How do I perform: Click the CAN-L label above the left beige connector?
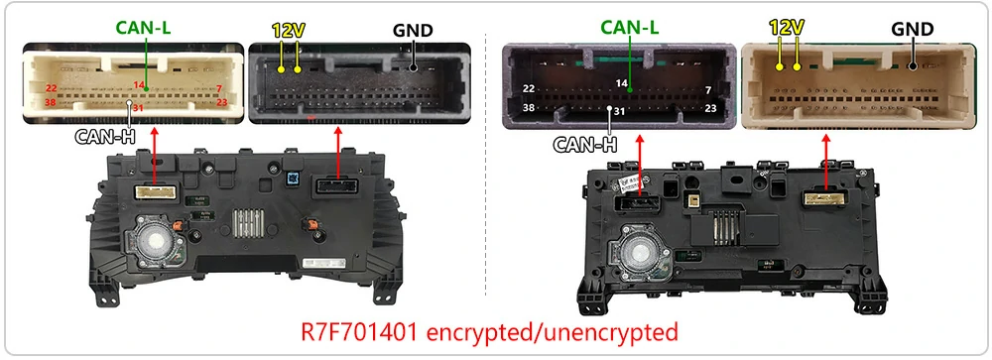pos(144,29)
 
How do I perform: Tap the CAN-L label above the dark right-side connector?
pos(630,28)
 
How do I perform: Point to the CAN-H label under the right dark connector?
pos(585,145)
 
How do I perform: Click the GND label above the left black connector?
pos(413,31)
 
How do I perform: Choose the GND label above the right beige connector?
pos(913,29)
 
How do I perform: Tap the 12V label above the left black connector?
pos(289,30)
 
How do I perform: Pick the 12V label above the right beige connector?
pos(787,27)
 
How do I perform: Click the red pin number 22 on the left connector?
pos(52,88)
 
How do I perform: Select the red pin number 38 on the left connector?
pos(52,101)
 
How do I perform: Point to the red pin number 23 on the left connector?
pos(222,101)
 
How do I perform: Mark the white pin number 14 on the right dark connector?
pos(622,83)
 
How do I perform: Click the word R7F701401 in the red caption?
pos(359,332)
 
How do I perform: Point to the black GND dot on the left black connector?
pos(413,67)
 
